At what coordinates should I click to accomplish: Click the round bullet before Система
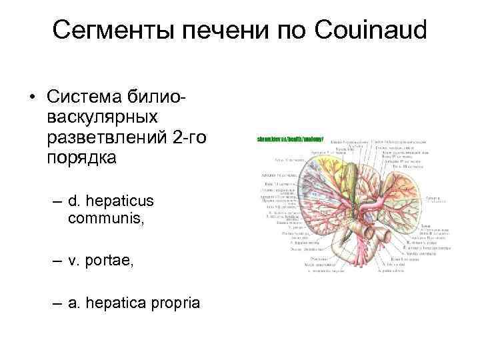point(31,97)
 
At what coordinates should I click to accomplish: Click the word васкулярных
point(103,117)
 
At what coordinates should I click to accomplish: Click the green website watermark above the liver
point(290,139)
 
